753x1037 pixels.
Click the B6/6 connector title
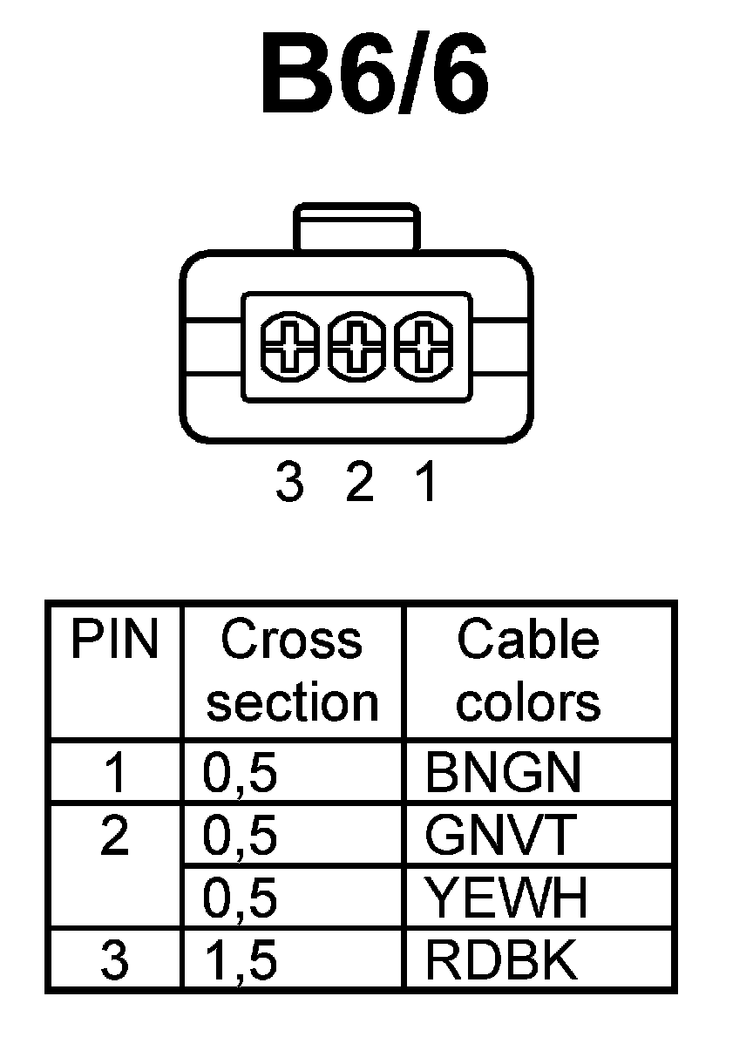coord(375,76)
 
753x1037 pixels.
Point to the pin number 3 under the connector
coord(288,484)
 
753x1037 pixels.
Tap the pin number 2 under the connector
coord(359,484)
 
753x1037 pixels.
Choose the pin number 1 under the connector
coord(424,484)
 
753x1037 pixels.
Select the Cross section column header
coord(292,671)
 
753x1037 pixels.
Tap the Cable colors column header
coord(528,671)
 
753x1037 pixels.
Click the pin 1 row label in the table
coord(115,773)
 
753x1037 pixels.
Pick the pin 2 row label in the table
coord(115,837)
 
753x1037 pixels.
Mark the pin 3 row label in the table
coord(115,961)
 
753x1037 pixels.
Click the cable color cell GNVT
coord(500,837)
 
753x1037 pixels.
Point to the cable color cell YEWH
coord(506,898)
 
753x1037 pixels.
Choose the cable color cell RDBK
coord(501,961)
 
